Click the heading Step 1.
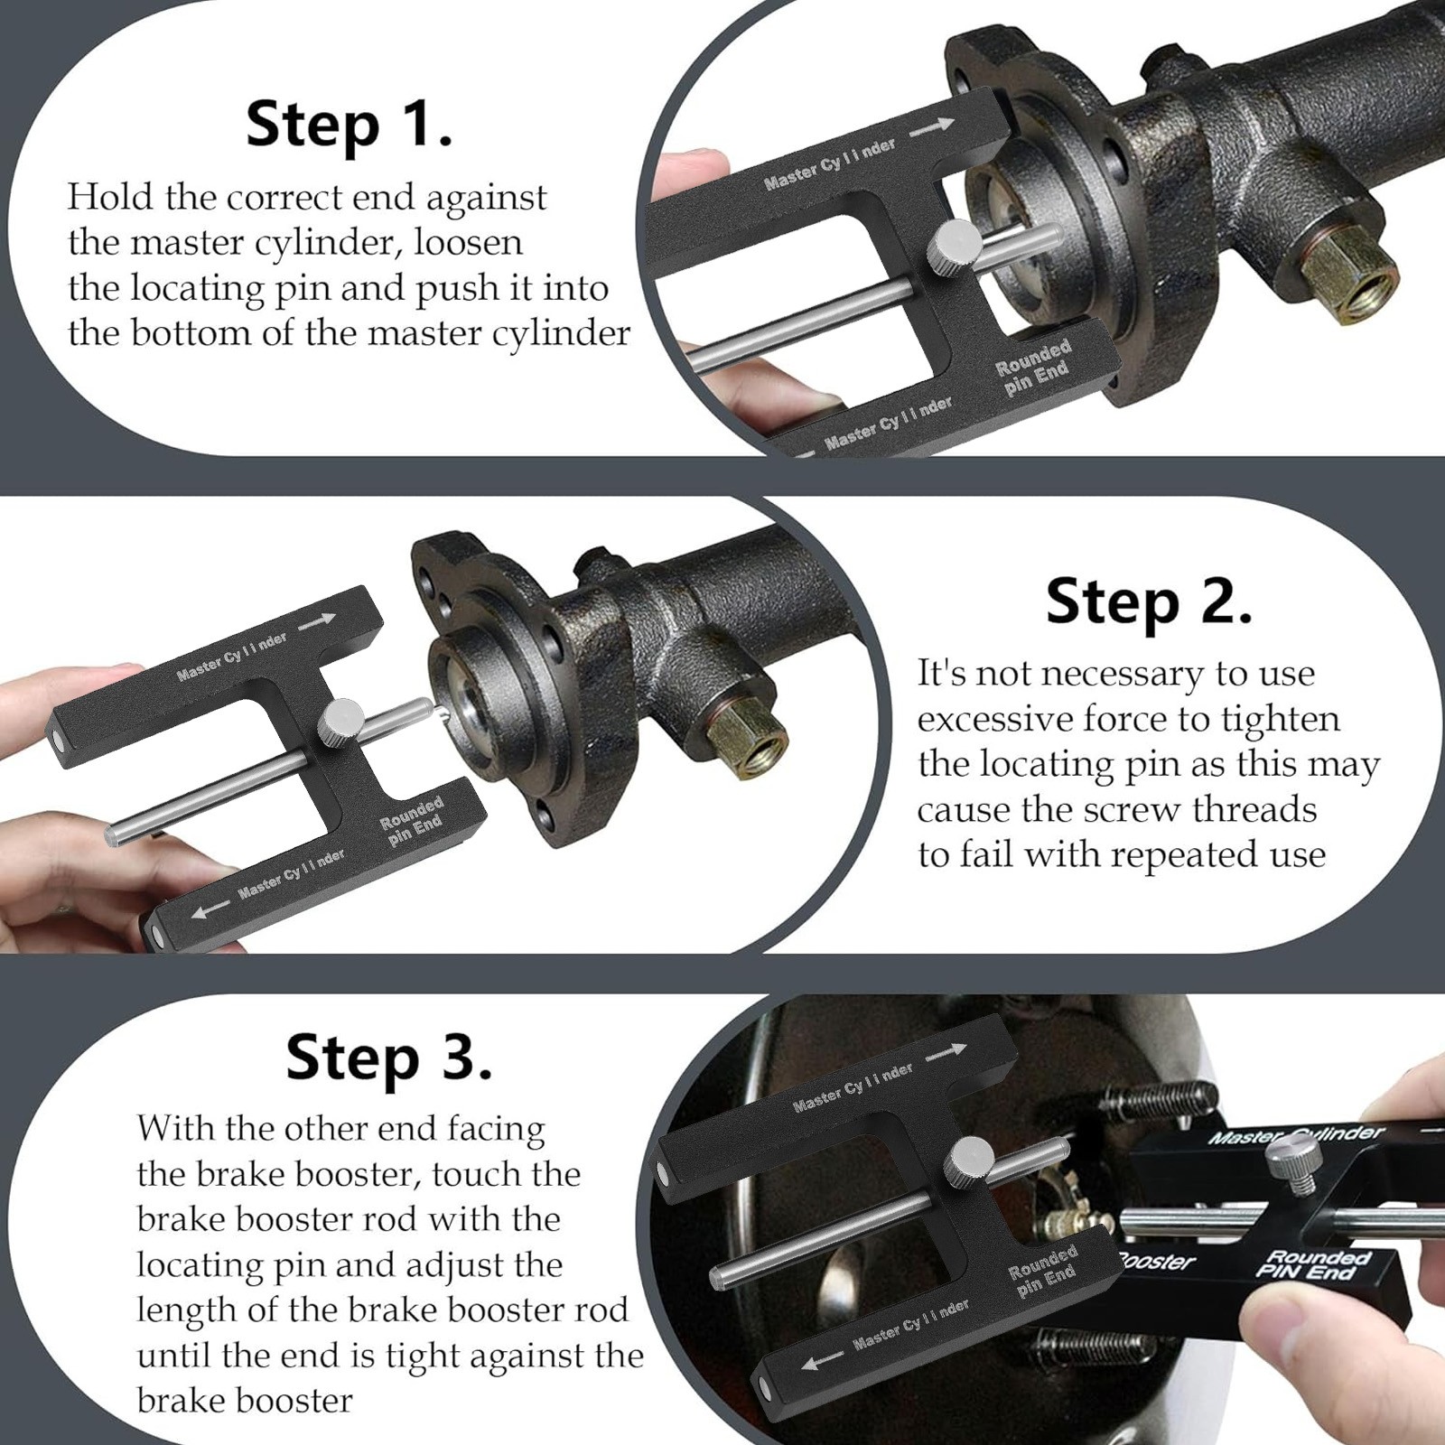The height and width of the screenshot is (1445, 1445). (x=349, y=125)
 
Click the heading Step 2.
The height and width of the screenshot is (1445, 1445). (x=1149, y=601)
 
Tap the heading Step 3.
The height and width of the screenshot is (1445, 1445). (x=389, y=1058)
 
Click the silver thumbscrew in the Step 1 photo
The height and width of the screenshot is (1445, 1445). (x=956, y=245)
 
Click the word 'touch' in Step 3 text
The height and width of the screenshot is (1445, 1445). (x=481, y=1175)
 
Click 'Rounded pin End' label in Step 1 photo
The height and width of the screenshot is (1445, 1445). (x=1034, y=367)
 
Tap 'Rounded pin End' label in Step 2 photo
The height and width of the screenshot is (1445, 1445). (x=413, y=821)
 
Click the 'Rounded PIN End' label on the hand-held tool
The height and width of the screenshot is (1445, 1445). (x=1316, y=1263)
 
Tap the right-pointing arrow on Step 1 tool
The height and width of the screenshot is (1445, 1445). (x=932, y=127)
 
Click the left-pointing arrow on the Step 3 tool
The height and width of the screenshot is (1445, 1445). (x=823, y=1362)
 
